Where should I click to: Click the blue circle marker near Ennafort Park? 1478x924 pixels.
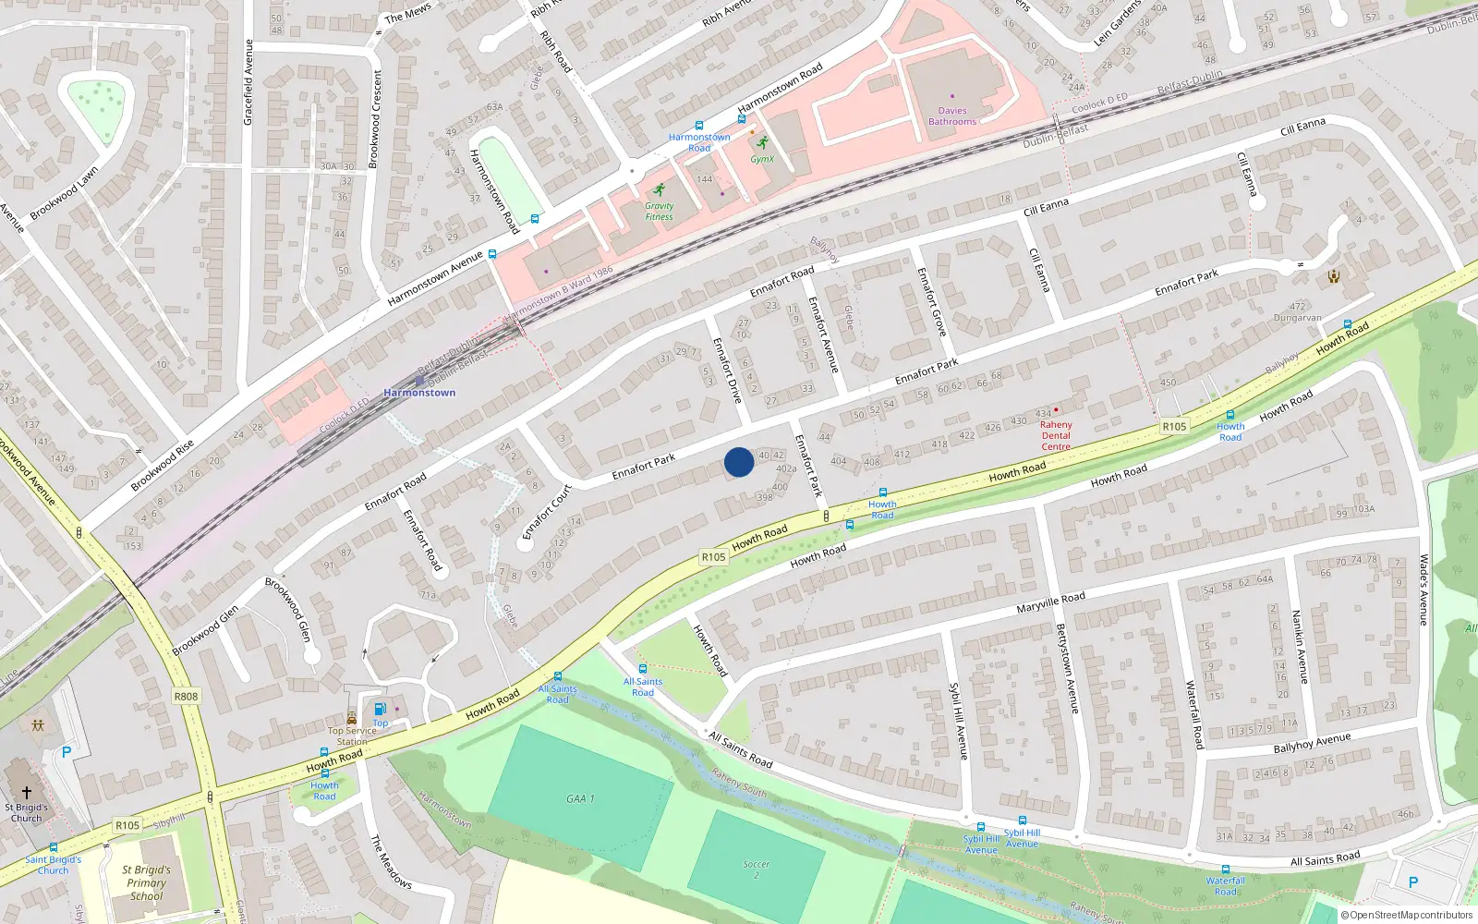pyautogui.click(x=738, y=462)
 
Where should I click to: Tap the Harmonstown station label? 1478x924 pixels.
pyautogui.click(x=419, y=393)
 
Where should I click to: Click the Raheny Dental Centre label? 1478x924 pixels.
pyautogui.click(x=1056, y=435)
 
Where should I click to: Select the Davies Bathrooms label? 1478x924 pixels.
pyautogui.click(x=952, y=115)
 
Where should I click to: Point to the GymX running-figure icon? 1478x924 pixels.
pyautogui.click(x=762, y=142)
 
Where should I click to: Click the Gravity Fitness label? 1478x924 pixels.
pyautogui.click(x=659, y=212)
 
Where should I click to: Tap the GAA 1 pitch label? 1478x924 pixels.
pyautogui.click(x=580, y=798)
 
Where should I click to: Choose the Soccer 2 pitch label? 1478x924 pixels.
pyautogui.click(x=756, y=869)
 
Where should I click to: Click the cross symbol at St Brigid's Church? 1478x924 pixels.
pyautogui.click(x=27, y=793)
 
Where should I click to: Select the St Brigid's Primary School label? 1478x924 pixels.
pyautogui.click(x=146, y=882)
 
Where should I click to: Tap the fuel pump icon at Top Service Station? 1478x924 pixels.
pyautogui.click(x=380, y=710)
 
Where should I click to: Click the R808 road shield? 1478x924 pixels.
pyautogui.click(x=186, y=697)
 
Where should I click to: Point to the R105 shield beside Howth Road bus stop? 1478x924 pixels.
pyautogui.click(x=1174, y=426)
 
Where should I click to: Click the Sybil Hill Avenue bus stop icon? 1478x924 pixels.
pyautogui.click(x=1023, y=820)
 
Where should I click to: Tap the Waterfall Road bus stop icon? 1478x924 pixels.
pyautogui.click(x=1225, y=869)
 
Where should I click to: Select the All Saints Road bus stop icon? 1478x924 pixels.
pyautogui.click(x=642, y=669)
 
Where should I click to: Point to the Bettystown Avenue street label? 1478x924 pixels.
pyautogui.click(x=1067, y=668)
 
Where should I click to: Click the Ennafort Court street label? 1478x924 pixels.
pyautogui.click(x=548, y=512)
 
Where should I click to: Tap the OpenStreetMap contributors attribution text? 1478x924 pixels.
pyautogui.click(x=1407, y=915)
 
